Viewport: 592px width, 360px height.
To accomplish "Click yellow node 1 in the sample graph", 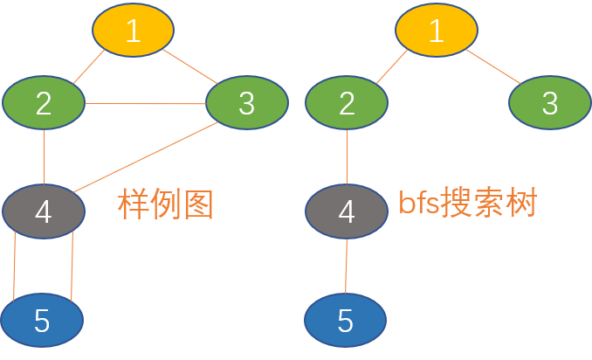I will click(133, 31).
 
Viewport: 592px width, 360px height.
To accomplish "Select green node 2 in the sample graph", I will click(44, 103).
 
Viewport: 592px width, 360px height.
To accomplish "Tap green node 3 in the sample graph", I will click(246, 103).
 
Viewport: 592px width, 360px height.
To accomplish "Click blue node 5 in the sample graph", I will click(42, 322).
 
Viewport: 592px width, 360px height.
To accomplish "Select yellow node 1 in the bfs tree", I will click(436, 31).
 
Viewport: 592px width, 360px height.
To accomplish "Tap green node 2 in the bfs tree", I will click(347, 103).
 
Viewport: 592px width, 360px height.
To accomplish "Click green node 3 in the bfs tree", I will click(549, 103).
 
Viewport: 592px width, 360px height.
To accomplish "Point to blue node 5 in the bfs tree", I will click(345, 322).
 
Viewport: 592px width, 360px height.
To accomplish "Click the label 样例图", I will click(165, 204).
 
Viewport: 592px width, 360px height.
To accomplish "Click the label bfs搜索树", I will click(467, 203).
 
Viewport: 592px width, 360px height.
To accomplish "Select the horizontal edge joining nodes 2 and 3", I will click(145, 104).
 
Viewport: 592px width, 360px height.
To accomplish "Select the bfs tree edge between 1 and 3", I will click(492, 67).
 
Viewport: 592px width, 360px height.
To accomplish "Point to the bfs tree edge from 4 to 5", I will click(347, 266).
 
